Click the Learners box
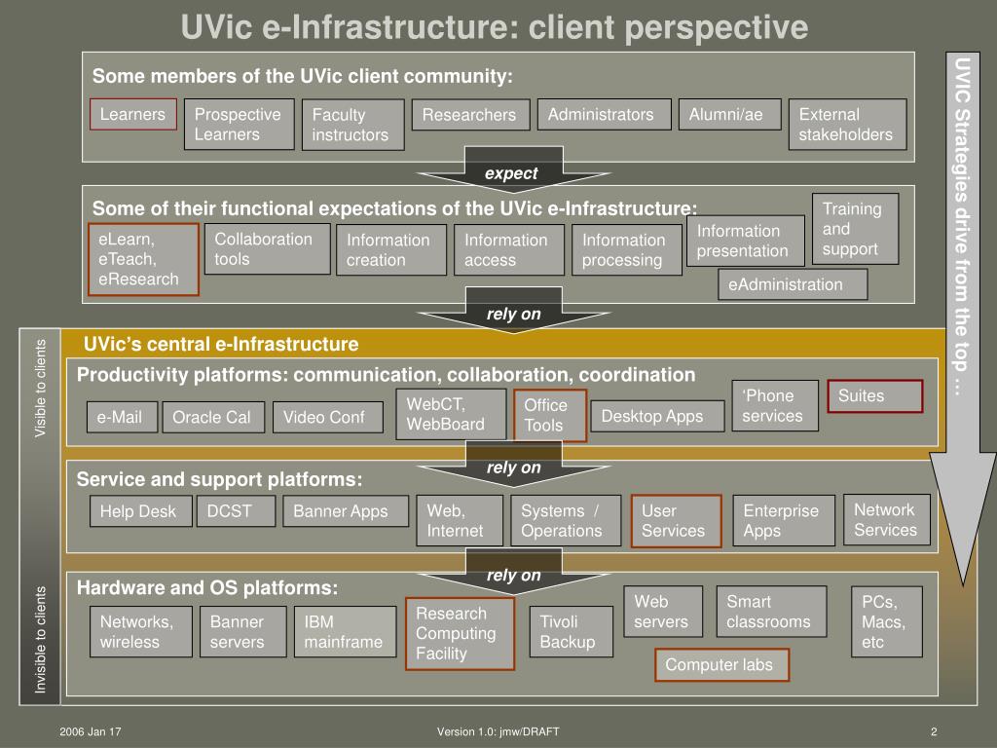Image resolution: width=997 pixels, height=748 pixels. click(133, 114)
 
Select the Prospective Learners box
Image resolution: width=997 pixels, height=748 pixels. click(239, 125)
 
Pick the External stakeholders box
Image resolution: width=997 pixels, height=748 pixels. click(847, 125)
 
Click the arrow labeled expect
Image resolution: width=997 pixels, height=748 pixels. click(511, 173)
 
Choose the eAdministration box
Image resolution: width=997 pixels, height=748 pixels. click(792, 284)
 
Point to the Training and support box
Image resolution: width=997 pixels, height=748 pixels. click(855, 229)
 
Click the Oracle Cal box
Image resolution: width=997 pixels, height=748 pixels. click(211, 418)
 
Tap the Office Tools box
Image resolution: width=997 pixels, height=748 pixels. click(550, 415)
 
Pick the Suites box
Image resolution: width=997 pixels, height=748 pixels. click(873, 396)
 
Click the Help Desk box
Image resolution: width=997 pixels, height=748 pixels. click(138, 511)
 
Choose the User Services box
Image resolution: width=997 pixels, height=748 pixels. click(676, 521)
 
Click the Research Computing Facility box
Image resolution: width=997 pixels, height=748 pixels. click(460, 633)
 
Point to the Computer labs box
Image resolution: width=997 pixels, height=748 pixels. click(720, 665)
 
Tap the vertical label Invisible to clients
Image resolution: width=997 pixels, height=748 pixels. click(41, 640)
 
